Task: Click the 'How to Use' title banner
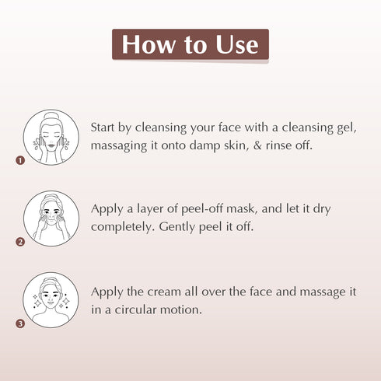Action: click(x=190, y=45)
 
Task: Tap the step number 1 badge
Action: click(x=21, y=161)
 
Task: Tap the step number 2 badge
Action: click(x=21, y=242)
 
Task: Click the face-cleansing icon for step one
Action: click(x=51, y=137)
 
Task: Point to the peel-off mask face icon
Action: click(x=51, y=218)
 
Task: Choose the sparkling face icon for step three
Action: click(x=51, y=299)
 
